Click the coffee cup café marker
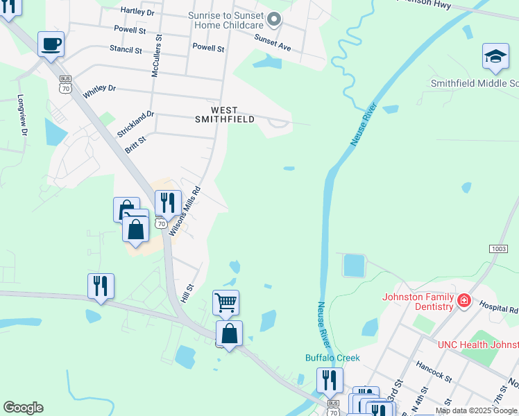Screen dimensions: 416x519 (51, 45)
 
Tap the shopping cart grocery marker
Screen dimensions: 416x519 (226, 303)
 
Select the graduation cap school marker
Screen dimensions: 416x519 (495, 58)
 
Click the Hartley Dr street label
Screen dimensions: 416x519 (137, 11)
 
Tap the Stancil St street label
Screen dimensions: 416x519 (126, 50)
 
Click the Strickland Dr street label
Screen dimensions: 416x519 (135, 123)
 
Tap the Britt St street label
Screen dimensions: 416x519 (135, 144)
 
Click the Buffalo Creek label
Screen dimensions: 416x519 (333, 358)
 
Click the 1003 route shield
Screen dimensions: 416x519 (498, 248)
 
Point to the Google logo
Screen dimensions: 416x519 (23, 408)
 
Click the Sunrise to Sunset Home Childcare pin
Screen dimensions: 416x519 (274, 19)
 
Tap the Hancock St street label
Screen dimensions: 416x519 (434, 370)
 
